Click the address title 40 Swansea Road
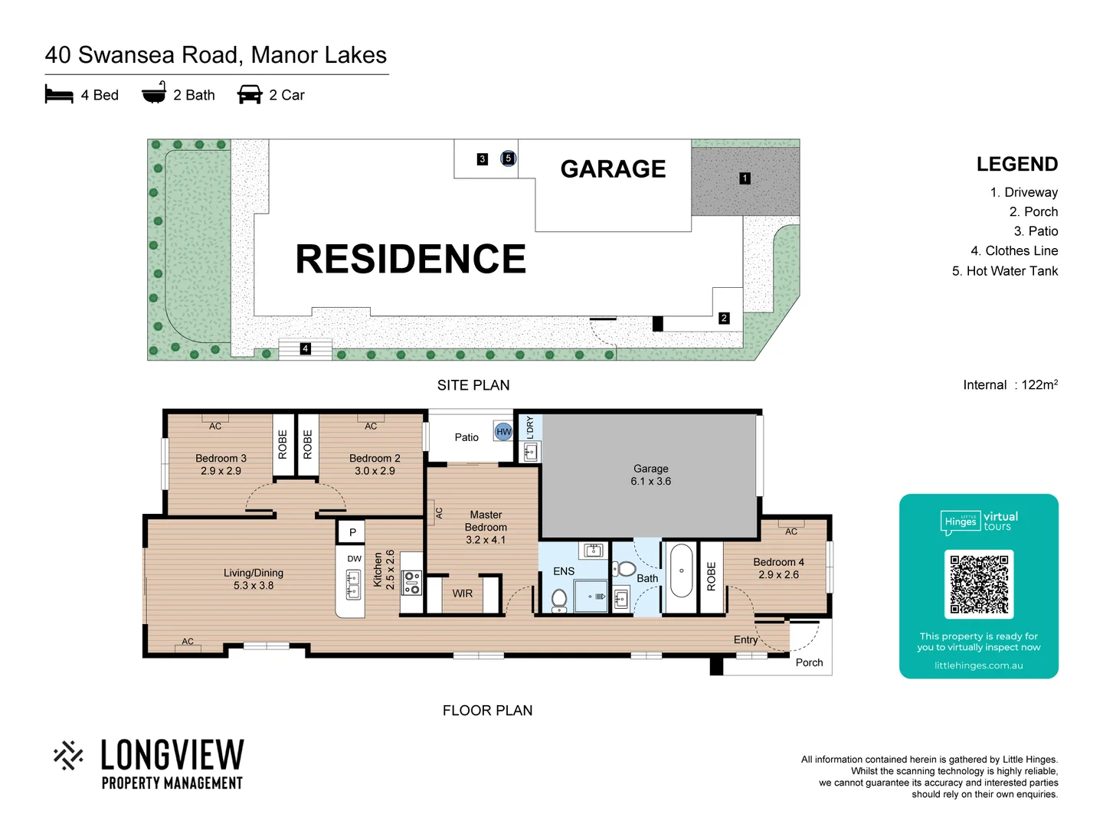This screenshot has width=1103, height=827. (x=215, y=55)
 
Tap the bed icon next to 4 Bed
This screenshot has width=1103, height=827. (x=59, y=94)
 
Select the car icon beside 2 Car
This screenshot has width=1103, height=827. (x=250, y=94)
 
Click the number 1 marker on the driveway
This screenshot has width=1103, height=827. (x=745, y=178)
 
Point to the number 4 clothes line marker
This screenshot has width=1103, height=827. (x=305, y=348)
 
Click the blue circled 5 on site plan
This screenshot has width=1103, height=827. (x=508, y=159)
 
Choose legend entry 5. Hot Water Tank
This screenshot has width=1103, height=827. (x=1004, y=271)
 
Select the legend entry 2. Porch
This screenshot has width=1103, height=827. (x=1033, y=212)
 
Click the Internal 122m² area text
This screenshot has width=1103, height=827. (x=1010, y=384)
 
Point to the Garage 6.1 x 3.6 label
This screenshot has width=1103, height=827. (x=650, y=475)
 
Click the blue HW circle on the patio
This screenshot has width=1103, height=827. (x=503, y=432)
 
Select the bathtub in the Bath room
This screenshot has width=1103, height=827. (x=681, y=570)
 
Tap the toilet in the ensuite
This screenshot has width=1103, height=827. (x=559, y=599)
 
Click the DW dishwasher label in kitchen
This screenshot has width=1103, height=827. (x=354, y=559)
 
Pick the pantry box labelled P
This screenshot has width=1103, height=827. (x=352, y=532)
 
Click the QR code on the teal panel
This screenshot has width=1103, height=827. (x=979, y=584)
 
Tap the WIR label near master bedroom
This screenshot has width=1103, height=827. (x=462, y=593)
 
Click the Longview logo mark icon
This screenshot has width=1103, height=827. (x=69, y=755)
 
